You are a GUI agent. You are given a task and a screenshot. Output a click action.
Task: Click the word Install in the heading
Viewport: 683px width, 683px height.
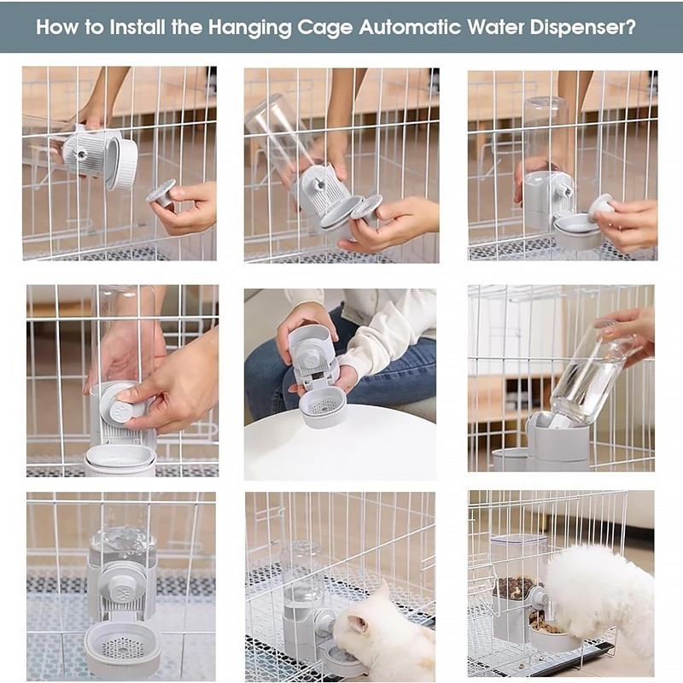[x=137, y=27]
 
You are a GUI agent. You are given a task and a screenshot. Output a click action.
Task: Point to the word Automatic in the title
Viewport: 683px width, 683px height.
[x=410, y=27]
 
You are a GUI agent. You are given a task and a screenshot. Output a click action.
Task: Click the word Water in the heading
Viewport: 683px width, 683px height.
[x=495, y=27]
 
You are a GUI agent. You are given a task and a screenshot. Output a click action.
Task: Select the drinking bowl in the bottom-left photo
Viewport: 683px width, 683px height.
[x=123, y=648]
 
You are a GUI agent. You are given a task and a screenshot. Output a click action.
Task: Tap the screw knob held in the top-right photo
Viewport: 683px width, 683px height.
[x=602, y=207]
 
